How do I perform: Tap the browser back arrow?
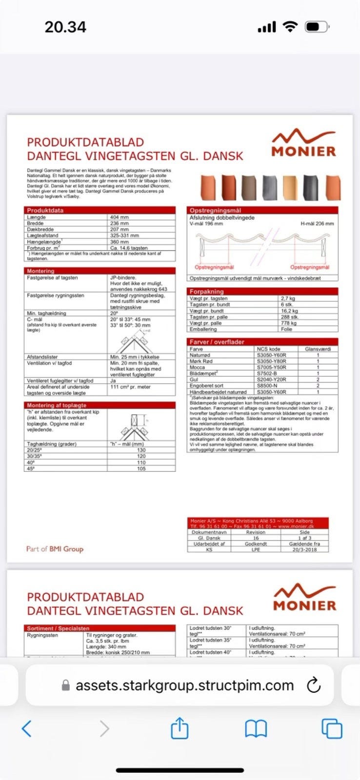coord(27,728)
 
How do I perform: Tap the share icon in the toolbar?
coord(180,728)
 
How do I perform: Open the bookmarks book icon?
coord(256,729)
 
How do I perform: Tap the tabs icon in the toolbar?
coord(332,729)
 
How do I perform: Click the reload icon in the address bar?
coord(313,685)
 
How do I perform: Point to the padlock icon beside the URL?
coord(66,685)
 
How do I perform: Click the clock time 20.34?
coord(65,27)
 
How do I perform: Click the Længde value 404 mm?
coord(120,217)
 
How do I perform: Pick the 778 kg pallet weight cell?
coord(289,323)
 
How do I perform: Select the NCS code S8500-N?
coord(268,386)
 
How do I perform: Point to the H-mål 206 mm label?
coord(317,223)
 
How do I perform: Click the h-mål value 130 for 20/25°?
coord(141,450)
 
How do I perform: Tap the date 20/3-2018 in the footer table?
coord(304,549)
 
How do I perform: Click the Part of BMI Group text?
coord(55,549)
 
